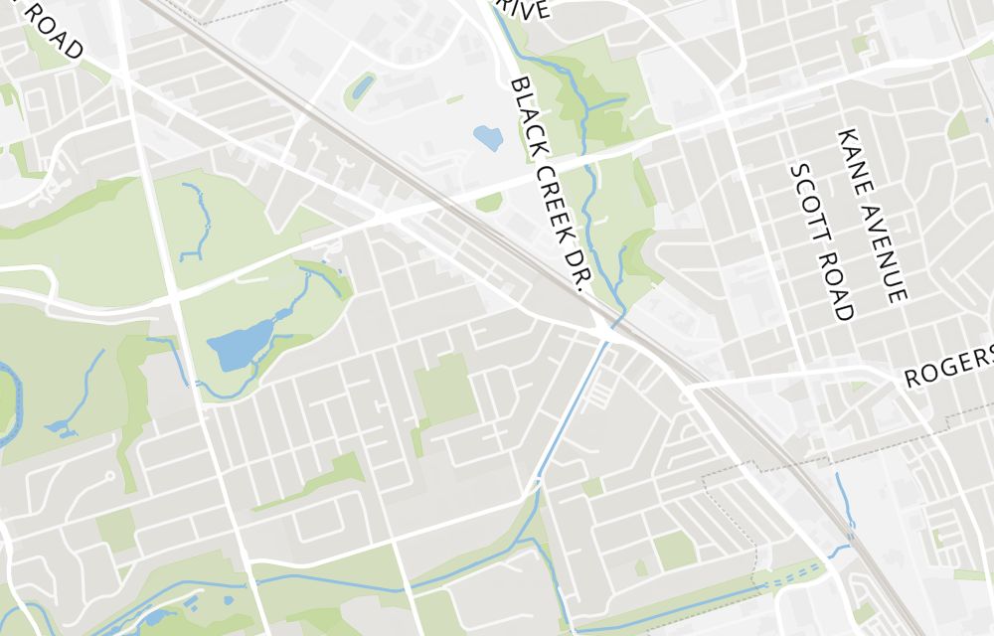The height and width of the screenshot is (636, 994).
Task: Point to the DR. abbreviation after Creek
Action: (x=578, y=268)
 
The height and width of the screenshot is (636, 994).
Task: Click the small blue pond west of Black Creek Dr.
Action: (x=488, y=137)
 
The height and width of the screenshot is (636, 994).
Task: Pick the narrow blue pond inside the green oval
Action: (x=361, y=86)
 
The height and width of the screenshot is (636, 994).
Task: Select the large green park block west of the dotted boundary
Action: (x=673, y=550)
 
